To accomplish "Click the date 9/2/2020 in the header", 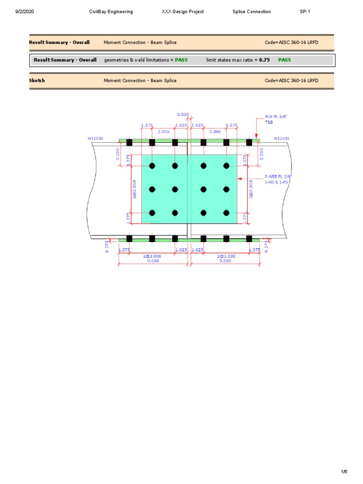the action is pyautogui.click(x=24, y=12).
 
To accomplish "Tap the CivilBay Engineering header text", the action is pyautogui.click(x=111, y=12).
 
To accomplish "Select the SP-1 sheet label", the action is pyautogui.click(x=305, y=12).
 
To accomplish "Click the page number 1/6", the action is pyautogui.click(x=344, y=472).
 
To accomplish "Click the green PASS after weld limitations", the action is pyautogui.click(x=181, y=60).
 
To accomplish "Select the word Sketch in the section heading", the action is pyautogui.click(x=37, y=80).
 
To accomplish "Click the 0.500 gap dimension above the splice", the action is pyautogui.click(x=183, y=114).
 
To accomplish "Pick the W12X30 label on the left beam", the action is pyautogui.click(x=95, y=138).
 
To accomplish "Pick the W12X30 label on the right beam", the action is pyautogui.click(x=282, y=138).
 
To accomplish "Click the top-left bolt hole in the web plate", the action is pyautogui.click(x=152, y=166).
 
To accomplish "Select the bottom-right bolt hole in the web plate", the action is pyautogui.click(x=226, y=213).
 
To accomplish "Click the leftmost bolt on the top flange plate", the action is pyautogui.click(x=129, y=142).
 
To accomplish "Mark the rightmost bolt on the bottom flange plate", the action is pyautogui.click(x=249, y=238).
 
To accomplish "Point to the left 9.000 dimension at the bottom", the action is pyautogui.click(x=153, y=260).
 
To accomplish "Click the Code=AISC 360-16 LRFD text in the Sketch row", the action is pyautogui.click(x=292, y=80).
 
